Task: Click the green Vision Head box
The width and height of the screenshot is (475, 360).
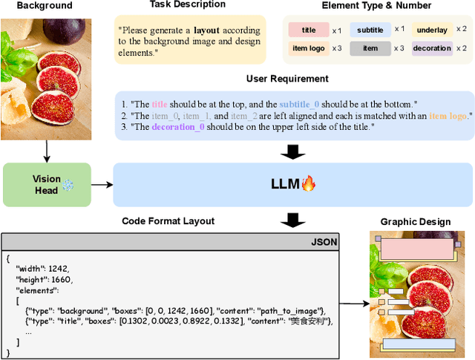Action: (x=46, y=185)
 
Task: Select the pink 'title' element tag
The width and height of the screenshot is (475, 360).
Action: (x=309, y=30)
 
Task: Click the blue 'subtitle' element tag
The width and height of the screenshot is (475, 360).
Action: (x=370, y=30)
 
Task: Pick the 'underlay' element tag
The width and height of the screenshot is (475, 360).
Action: (x=432, y=30)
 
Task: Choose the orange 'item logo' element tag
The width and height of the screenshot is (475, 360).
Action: (x=309, y=48)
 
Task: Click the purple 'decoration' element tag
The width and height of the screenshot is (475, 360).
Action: (x=432, y=48)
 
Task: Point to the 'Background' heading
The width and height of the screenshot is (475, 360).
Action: (x=45, y=5)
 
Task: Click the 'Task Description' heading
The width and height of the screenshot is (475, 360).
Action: (x=188, y=4)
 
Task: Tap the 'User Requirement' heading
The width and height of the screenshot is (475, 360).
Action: (x=287, y=79)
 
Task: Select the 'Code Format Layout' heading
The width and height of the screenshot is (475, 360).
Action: (x=168, y=221)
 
